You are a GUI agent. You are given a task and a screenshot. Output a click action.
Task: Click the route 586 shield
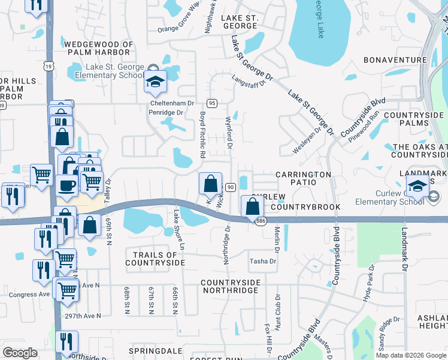tap(260, 221)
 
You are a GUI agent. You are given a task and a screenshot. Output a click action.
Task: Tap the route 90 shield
tap(229, 188)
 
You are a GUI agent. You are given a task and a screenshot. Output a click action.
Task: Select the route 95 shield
tap(212, 103)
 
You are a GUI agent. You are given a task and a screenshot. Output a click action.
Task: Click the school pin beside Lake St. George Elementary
tap(155, 82)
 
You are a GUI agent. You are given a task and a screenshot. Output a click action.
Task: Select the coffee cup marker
tap(68, 184)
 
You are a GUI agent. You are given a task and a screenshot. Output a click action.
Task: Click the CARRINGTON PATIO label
tap(303, 175)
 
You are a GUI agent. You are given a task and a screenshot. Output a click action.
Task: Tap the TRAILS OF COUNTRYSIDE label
tap(155, 259)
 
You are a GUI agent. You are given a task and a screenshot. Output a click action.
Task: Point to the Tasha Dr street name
tap(263, 261)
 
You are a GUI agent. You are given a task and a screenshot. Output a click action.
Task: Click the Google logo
tap(20, 353)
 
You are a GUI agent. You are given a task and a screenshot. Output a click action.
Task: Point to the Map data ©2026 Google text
tap(411, 355)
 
